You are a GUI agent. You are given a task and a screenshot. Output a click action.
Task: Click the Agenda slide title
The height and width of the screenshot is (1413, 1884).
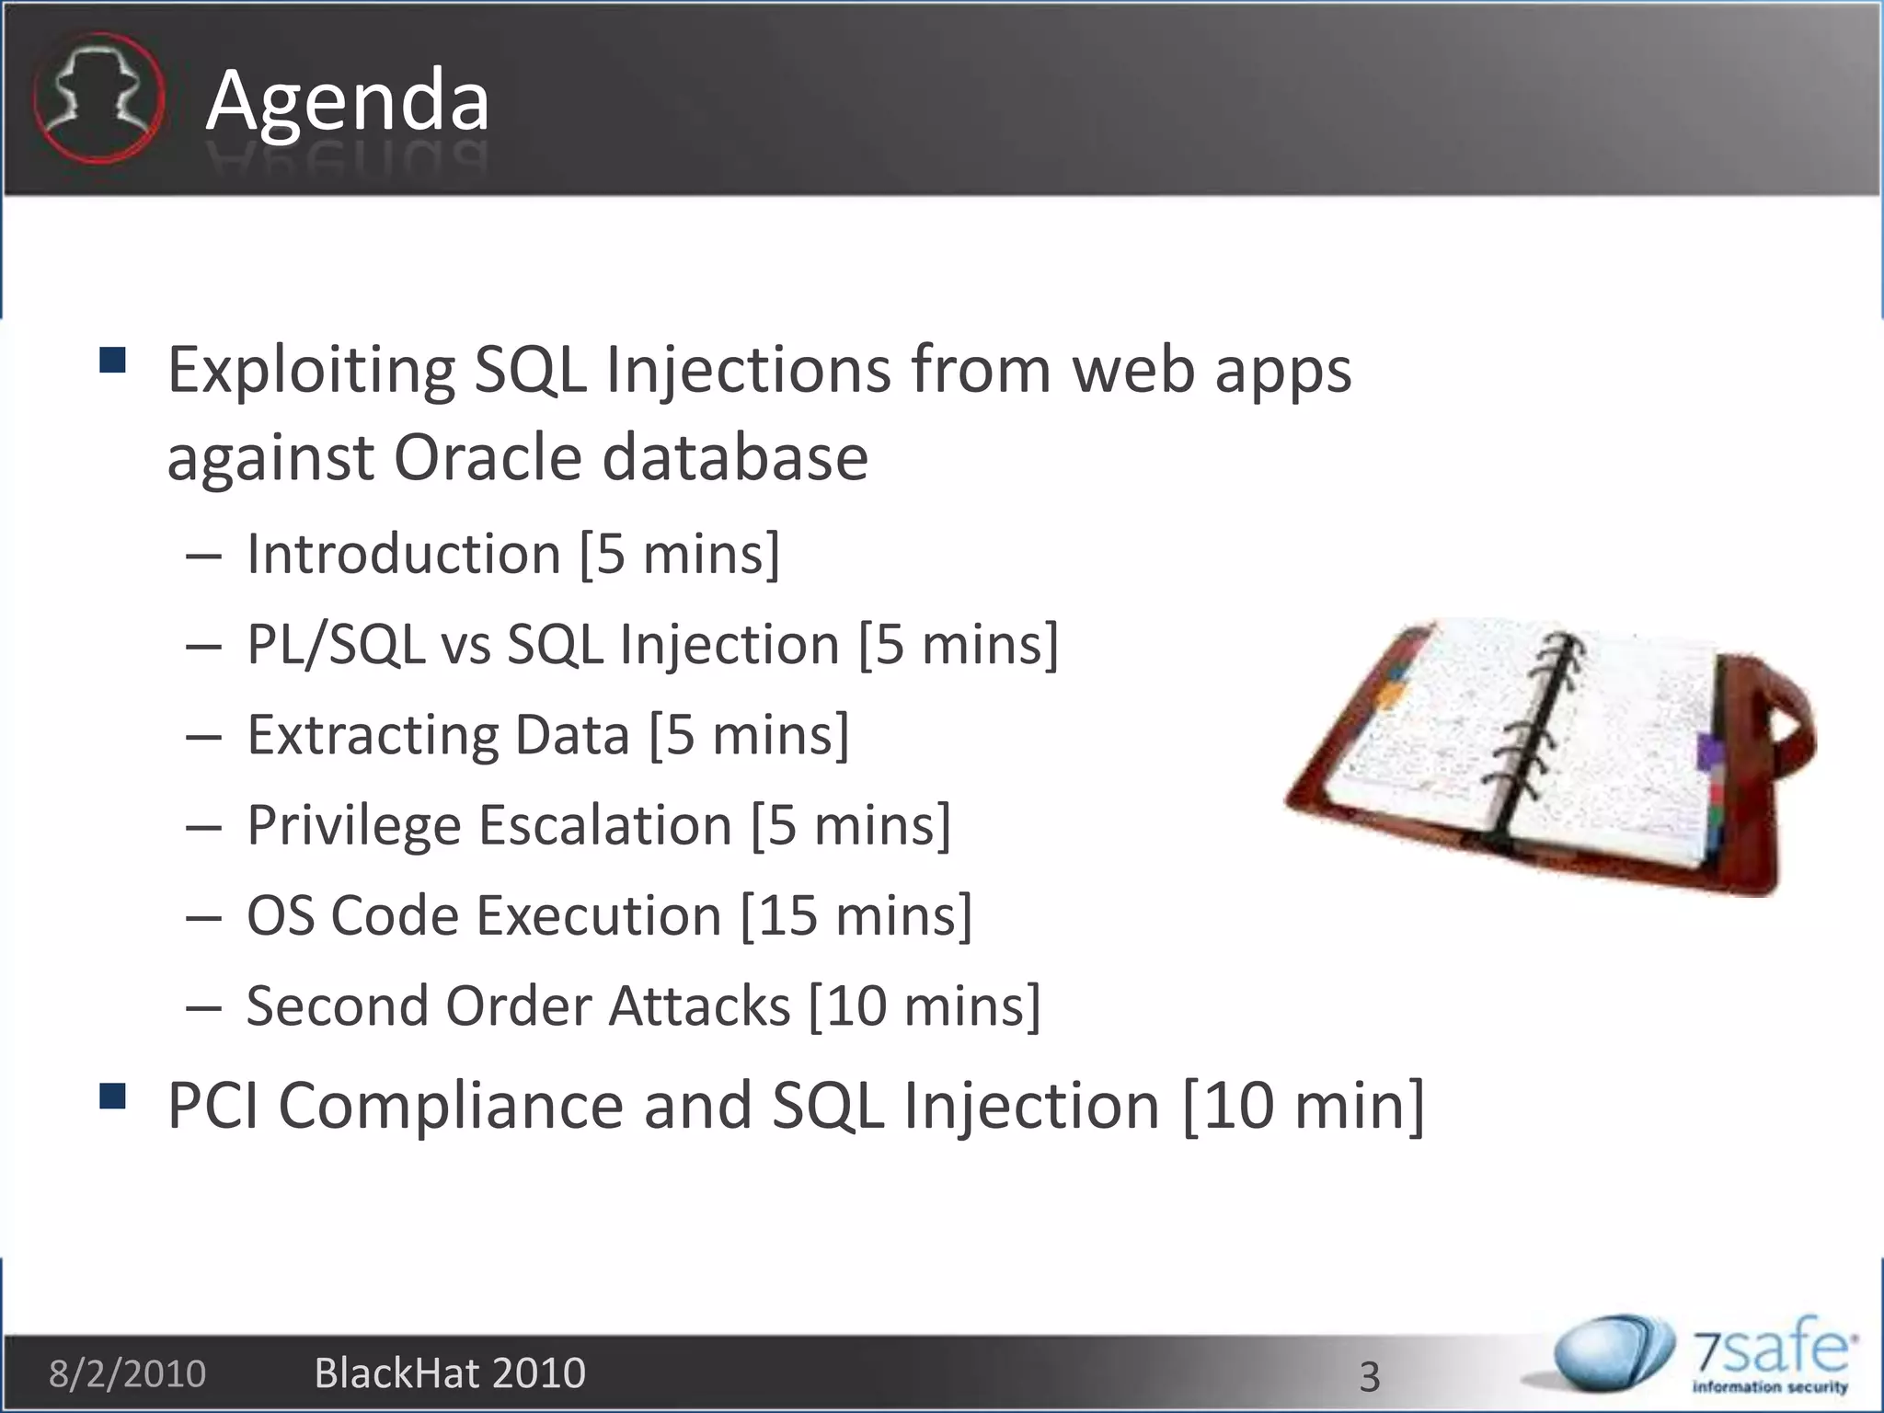click(347, 101)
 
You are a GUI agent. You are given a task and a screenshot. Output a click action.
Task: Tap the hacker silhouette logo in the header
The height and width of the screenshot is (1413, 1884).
click(98, 98)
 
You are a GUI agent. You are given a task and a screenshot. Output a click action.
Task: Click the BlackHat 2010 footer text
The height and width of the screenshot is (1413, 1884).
click(450, 1373)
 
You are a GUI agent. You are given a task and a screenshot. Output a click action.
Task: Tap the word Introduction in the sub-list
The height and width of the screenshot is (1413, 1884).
click(403, 554)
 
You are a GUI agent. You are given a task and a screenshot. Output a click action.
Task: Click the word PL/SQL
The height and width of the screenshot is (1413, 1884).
click(336, 644)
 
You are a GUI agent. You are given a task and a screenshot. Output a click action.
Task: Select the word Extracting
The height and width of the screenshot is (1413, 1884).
click(373, 735)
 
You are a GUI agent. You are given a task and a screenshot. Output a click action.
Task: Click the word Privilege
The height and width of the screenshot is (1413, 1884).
click(354, 825)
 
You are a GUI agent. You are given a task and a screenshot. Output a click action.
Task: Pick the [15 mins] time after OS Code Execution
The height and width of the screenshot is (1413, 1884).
click(856, 915)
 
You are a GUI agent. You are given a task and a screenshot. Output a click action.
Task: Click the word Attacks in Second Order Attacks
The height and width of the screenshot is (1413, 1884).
click(699, 1005)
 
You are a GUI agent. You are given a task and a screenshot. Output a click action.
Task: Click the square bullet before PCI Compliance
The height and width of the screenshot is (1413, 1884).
click(112, 1097)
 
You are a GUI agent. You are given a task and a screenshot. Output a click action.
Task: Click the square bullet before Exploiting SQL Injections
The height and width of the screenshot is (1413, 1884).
click(112, 360)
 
